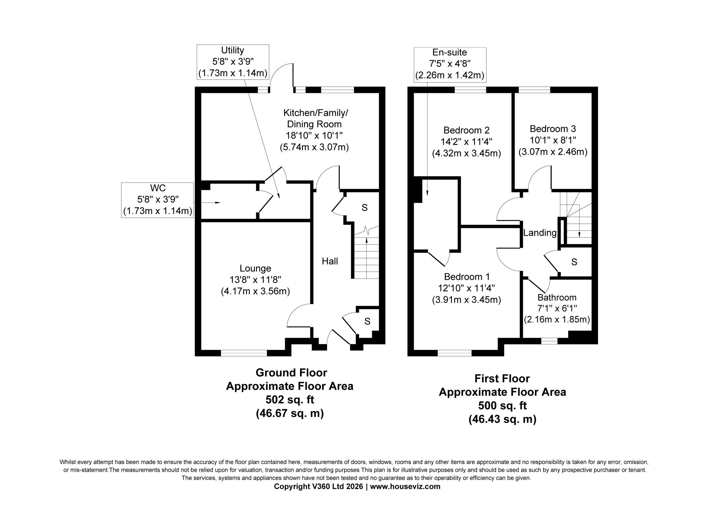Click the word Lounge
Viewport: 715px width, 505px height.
[x=255, y=268]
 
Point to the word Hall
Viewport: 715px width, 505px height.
[x=330, y=261]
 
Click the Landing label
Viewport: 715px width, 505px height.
[x=540, y=233]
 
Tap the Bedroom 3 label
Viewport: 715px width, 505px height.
[x=553, y=129]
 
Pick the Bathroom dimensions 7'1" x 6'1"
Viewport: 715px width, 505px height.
[x=557, y=308]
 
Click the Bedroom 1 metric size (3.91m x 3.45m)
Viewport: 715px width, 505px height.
[x=466, y=300]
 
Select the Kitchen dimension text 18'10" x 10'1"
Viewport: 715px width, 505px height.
[x=314, y=136]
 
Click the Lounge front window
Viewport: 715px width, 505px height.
[x=244, y=353]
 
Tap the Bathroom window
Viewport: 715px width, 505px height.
[x=549, y=341]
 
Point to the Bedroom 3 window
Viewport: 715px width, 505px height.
[x=534, y=90]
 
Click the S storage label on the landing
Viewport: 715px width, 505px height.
[x=574, y=262]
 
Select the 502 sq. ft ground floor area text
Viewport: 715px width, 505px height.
[x=290, y=399]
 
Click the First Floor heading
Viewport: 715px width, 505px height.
[x=502, y=379]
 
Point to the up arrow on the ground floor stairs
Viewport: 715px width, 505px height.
[x=366, y=258]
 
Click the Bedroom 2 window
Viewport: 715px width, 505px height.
[x=470, y=90]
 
